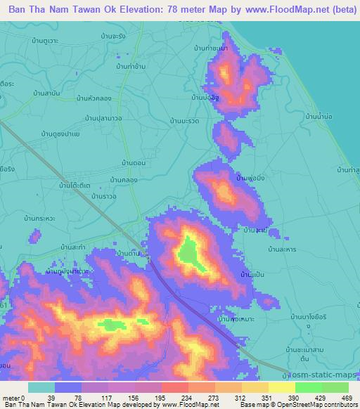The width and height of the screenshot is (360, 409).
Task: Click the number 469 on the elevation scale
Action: click(347, 397)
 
